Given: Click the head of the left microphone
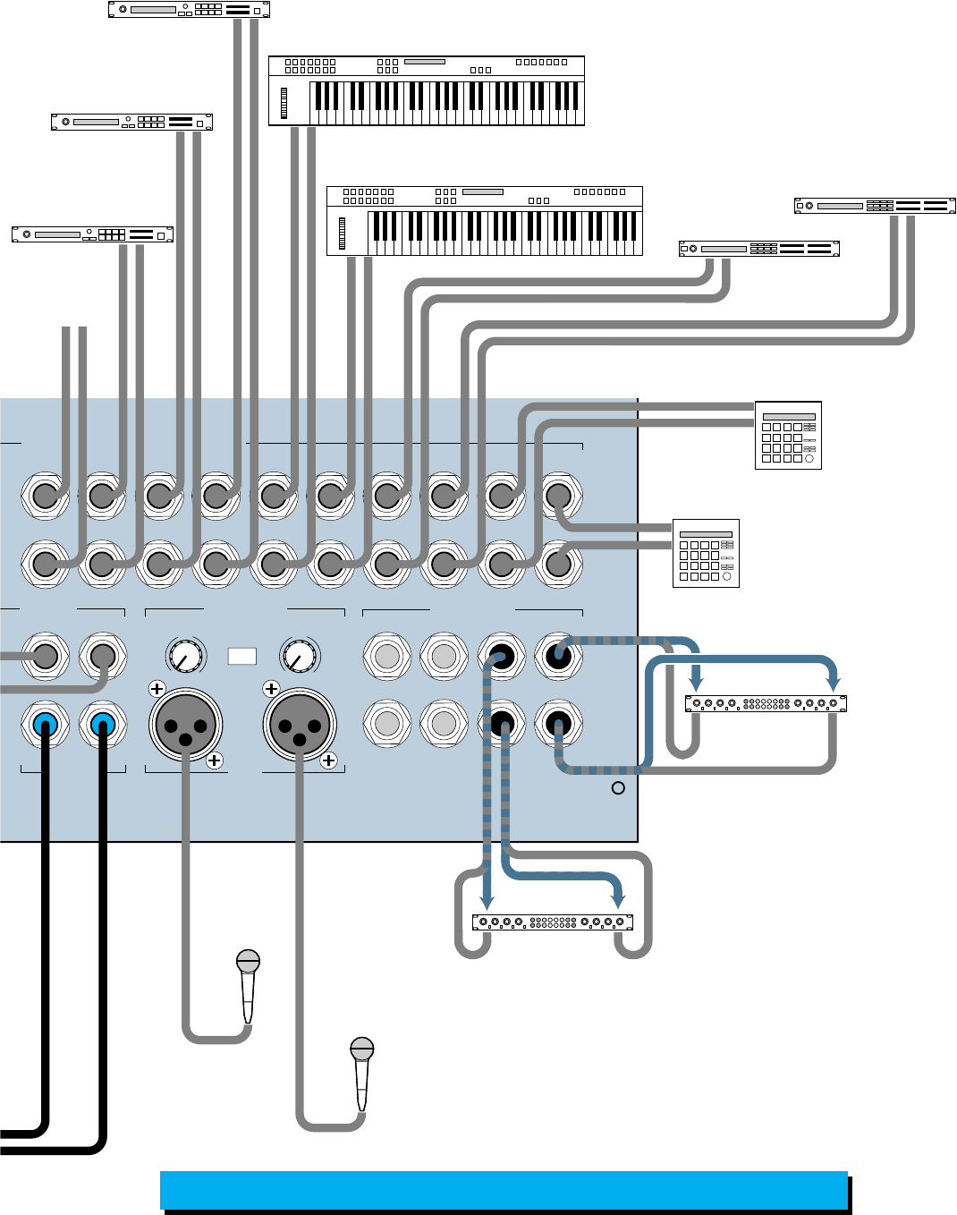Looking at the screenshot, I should tap(248, 962).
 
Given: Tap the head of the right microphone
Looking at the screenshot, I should tap(361, 1049).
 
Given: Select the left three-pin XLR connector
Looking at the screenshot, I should tap(185, 724).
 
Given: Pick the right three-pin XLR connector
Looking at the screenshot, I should tap(300, 724).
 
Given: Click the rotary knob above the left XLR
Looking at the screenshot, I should tap(185, 656).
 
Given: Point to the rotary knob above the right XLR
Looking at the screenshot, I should tap(299, 656).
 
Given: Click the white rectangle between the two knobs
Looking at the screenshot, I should tap(242, 656).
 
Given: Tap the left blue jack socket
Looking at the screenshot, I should tap(46, 724).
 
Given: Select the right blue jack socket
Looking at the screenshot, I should tap(102, 724).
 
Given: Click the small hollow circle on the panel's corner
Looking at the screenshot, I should tap(617, 788).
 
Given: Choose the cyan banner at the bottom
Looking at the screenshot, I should tap(504, 1190).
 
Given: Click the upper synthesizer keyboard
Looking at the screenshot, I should tap(427, 91).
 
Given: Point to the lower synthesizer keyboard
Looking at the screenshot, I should tap(485, 221).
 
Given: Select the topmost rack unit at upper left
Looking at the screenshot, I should tap(189, 10).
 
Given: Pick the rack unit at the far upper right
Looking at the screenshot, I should tap(875, 206).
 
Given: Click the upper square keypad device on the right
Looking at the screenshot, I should tap(788, 436).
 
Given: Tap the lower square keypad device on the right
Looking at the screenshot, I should tap(706, 553).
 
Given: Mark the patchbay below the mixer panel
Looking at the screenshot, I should tap(553, 922).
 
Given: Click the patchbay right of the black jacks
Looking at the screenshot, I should tap(766, 704).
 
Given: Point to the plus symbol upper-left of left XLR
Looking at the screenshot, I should tap(157, 689).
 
